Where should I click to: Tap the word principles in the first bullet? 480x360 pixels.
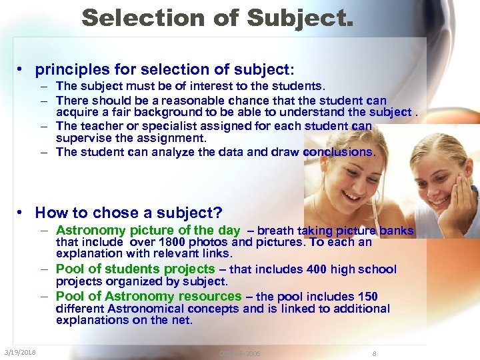pos(71,69)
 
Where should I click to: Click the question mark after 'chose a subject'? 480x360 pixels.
pos(218,213)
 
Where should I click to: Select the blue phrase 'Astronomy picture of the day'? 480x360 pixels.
pos(147,231)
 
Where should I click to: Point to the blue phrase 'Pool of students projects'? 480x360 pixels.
pos(135,269)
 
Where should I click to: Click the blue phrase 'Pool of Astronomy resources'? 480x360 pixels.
pos(149,296)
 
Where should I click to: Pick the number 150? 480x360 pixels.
pos(367,297)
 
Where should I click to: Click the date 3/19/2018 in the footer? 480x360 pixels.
pos(20,352)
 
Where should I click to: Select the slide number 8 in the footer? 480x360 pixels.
pos(375,353)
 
